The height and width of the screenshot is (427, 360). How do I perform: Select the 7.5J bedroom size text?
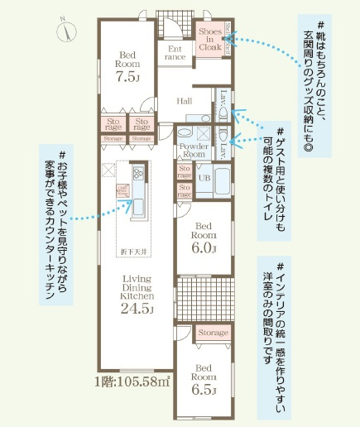tap(126, 78)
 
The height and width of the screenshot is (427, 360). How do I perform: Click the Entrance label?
tap(175, 53)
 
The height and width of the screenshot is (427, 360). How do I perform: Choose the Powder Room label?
tap(193, 150)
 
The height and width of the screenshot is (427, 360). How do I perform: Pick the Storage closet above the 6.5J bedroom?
tap(214, 332)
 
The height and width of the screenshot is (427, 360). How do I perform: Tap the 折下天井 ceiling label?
tap(137, 248)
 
